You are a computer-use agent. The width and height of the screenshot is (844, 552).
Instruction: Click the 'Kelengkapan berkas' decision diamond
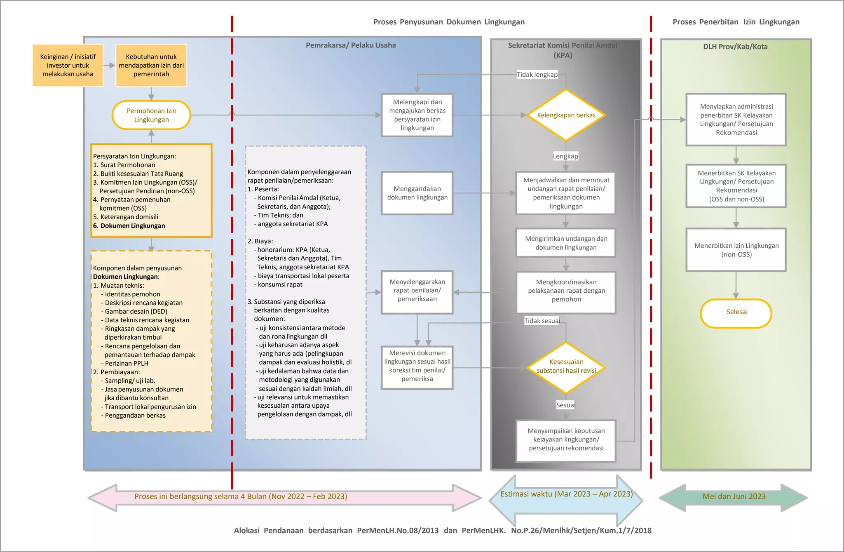click(x=566, y=115)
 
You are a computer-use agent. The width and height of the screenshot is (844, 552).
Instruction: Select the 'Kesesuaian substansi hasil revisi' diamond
click(x=566, y=366)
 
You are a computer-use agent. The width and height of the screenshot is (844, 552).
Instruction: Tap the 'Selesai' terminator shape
click(x=736, y=312)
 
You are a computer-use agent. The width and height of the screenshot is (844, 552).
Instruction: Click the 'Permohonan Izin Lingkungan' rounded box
click(x=151, y=115)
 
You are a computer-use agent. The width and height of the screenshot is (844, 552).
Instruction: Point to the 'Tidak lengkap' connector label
click(x=537, y=75)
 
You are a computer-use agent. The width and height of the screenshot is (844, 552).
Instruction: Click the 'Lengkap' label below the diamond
click(x=565, y=156)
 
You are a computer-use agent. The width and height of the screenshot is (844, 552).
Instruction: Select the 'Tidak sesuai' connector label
click(x=542, y=321)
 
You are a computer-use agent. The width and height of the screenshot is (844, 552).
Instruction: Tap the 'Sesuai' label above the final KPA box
click(x=565, y=405)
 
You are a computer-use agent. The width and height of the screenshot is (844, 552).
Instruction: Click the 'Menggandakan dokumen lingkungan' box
click(x=417, y=193)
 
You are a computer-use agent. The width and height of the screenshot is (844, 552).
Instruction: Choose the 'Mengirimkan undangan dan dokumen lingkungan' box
click(x=566, y=243)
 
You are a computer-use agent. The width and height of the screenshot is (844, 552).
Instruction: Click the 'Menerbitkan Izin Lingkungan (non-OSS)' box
click(x=736, y=250)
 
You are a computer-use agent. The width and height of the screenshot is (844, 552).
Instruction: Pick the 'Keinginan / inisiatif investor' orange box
click(x=68, y=66)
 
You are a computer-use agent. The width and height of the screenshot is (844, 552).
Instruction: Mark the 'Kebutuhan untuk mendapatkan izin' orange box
click(x=151, y=66)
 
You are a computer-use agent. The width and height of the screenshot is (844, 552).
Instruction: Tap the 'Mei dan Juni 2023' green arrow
click(x=734, y=497)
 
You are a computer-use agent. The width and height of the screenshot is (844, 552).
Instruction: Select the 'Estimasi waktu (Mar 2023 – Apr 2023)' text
click(x=566, y=494)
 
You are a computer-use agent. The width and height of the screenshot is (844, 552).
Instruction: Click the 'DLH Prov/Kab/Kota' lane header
click(x=735, y=47)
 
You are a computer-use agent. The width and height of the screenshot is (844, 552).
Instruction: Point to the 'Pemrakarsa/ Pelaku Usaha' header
click(x=351, y=45)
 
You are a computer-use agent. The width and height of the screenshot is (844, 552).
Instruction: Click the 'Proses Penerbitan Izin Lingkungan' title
click(x=736, y=22)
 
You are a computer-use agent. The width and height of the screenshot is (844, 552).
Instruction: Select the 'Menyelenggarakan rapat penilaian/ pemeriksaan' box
click(x=417, y=291)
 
